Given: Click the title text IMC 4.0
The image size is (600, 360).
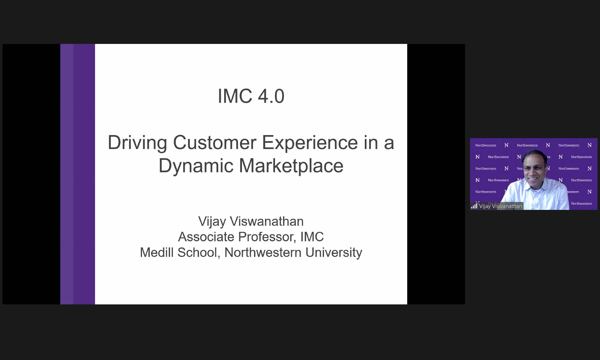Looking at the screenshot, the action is [251, 96].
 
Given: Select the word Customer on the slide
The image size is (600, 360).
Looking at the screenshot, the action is [214, 143].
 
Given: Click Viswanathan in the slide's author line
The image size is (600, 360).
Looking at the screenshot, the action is [267, 222].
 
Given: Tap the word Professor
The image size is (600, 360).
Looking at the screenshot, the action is [267, 237].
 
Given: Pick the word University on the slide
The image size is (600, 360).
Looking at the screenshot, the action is [334, 253].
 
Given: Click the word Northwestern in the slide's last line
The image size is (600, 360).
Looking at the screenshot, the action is [263, 252].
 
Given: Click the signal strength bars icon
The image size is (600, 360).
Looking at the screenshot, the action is [474, 206].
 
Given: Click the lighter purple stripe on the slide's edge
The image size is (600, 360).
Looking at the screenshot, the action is [67, 174].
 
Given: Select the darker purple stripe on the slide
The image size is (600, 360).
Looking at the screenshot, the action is [84, 174].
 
